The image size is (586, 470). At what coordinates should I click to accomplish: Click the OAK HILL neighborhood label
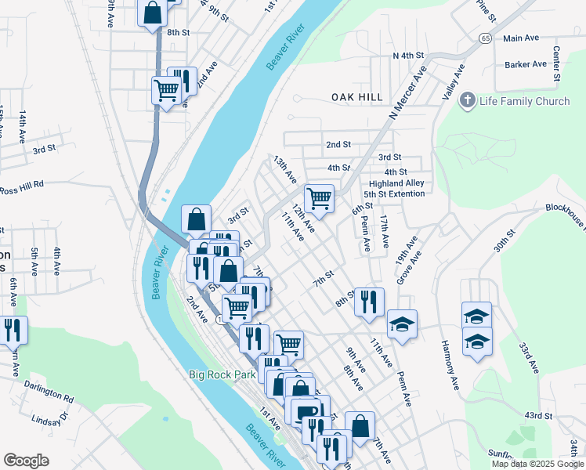[x=356, y=96]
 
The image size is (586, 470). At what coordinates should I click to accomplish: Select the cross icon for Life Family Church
[x=468, y=100]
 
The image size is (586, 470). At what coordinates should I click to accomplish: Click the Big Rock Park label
[x=222, y=374]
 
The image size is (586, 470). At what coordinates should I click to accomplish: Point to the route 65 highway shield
[x=487, y=38]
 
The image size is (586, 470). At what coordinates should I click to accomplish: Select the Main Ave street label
[x=521, y=38]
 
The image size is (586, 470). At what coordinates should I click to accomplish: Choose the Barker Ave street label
[x=525, y=64]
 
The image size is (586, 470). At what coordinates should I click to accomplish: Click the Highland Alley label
[x=396, y=183]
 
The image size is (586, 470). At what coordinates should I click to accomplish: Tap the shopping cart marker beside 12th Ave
[x=319, y=199]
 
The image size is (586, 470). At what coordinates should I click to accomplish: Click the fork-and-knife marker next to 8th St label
[x=369, y=302]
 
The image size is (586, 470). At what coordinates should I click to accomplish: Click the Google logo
[x=27, y=461]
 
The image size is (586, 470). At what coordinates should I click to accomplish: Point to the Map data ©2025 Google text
[x=536, y=464]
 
